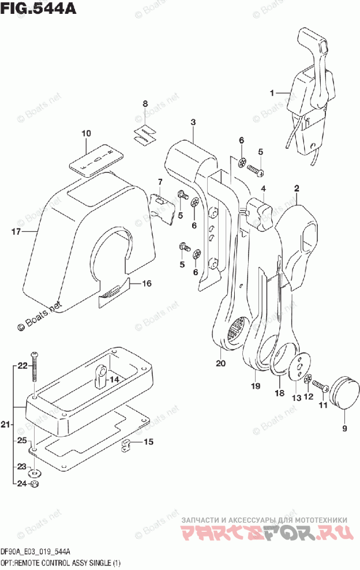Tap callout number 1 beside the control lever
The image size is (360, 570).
click(273, 92)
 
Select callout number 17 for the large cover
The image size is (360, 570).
click(16, 232)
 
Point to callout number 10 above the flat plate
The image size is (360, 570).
click(86, 134)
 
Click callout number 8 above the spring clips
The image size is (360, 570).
click(145, 104)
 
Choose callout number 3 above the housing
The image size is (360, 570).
click(193, 122)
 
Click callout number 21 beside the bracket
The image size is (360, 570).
click(5, 425)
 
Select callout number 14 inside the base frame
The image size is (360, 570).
click(114, 380)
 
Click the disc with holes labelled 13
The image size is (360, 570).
click(301, 369)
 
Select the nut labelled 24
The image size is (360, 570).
click(35, 484)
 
